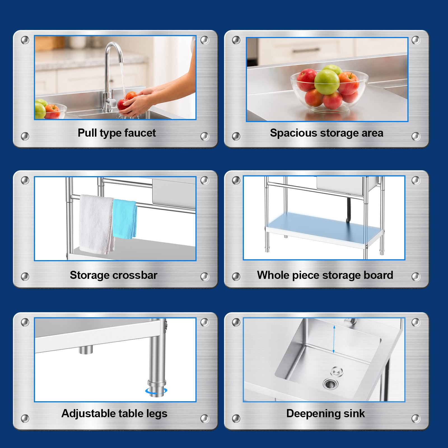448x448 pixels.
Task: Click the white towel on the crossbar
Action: coord(96,224)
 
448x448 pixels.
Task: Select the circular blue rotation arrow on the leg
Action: coord(156,391)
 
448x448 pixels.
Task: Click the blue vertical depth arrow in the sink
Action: coord(334,339)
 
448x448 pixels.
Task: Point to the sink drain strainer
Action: coord(330,384)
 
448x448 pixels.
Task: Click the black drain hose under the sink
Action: coord(349,210)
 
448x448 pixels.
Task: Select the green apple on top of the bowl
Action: coord(326,82)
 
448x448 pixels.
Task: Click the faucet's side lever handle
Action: coord(112,102)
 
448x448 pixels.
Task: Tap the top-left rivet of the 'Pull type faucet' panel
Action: coord(25,40)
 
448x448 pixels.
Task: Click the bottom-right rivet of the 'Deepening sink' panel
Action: coord(416,419)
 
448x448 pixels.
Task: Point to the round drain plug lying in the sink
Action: coord(337,371)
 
